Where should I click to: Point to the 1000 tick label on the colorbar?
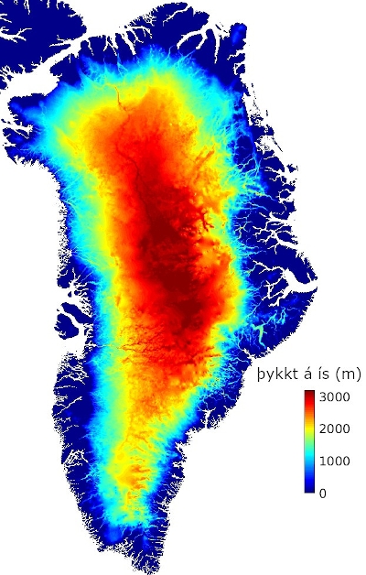point(337,461)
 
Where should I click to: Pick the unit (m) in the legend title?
point(344,374)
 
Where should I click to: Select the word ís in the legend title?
point(319,374)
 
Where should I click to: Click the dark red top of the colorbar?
point(311,395)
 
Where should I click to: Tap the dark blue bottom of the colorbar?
point(311,489)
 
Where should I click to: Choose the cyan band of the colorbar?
point(311,458)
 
